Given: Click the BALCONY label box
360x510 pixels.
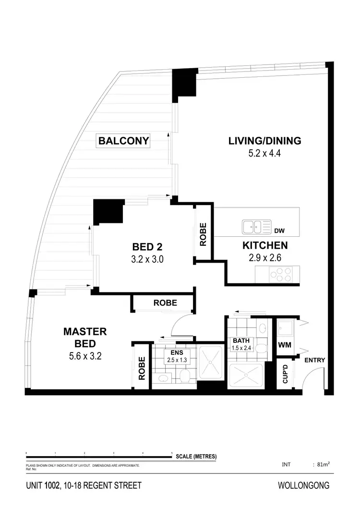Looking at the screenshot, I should [123, 141].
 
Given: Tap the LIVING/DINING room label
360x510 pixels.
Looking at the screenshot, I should [264, 141].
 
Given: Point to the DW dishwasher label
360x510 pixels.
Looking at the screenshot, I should [279, 231].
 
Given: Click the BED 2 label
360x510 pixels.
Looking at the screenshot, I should [147, 247].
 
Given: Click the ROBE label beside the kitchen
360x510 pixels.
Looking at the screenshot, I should [203, 234].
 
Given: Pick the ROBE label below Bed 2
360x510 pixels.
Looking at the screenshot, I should [165, 303].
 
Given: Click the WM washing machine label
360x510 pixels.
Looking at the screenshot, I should [284, 345].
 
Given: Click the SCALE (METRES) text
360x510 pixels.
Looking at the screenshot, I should [196, 456].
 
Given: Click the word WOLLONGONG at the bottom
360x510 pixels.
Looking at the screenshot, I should [303, 486].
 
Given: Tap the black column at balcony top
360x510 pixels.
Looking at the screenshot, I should [184, 82].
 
